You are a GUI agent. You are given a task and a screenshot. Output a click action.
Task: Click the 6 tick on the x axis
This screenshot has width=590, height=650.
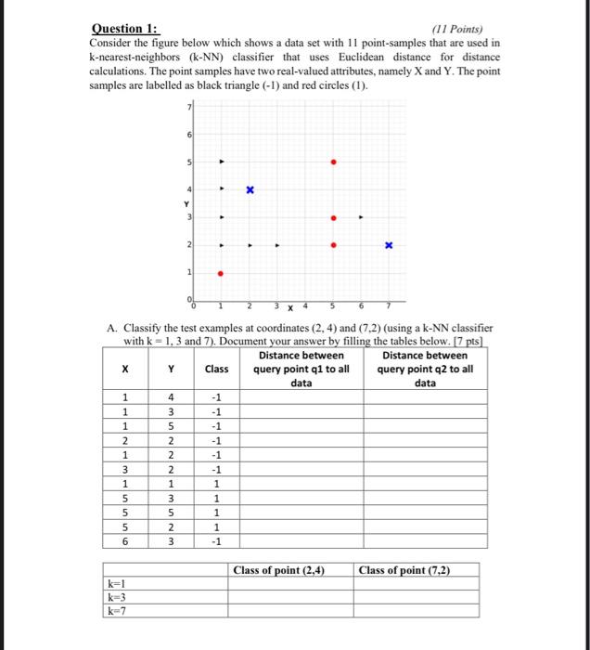pos(361,306)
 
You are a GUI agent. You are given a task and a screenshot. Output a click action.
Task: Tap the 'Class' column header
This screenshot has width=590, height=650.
pos(216,369)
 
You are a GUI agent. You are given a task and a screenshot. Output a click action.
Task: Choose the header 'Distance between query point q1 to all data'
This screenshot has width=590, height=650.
pos(301,369)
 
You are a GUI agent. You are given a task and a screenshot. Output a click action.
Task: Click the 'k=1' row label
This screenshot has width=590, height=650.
pos(118,584)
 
